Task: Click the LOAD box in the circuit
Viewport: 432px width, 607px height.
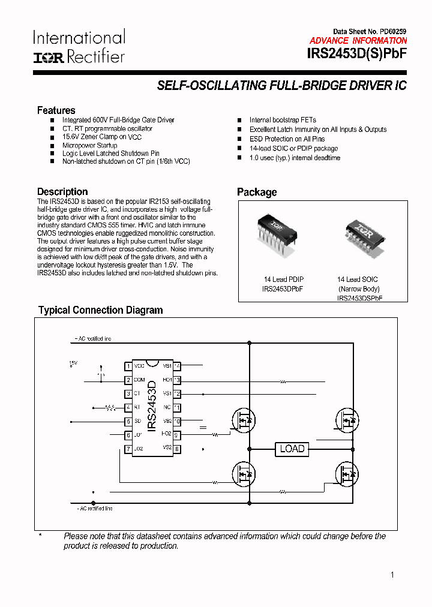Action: coord(292,449)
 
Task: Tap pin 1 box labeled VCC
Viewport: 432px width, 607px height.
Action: coord(128,366)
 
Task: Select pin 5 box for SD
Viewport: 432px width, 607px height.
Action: coord(128,422)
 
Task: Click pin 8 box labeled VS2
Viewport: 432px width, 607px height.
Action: coord(177,448)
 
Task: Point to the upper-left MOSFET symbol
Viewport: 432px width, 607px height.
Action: coord(242,420)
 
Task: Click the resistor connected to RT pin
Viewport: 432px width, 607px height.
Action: coord(110,408)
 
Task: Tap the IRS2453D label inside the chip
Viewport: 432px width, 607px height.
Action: coord(152,401)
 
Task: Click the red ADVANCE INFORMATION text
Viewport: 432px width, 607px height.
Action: coord(358,41)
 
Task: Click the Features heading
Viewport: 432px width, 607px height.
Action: coord(56,110)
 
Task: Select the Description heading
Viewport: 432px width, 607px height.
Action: coord(62,192)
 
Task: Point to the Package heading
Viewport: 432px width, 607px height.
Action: coord(257,192)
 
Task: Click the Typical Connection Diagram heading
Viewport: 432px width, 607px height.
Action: coord(100,310)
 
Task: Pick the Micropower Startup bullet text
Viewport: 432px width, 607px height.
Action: coord(89,145)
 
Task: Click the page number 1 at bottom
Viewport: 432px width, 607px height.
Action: coord(392,575)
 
